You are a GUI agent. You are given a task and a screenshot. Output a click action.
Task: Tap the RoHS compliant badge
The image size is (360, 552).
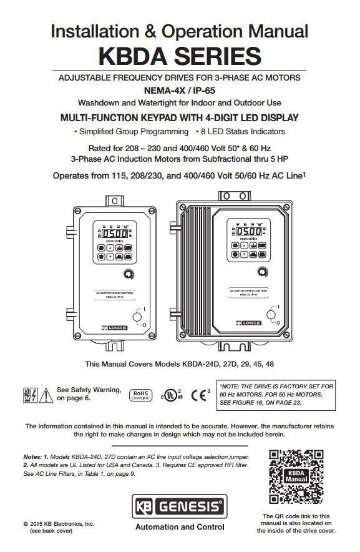140,395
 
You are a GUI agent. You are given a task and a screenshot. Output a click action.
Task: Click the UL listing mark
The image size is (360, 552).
169,395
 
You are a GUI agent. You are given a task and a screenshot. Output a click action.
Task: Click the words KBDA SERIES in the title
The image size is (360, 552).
180,56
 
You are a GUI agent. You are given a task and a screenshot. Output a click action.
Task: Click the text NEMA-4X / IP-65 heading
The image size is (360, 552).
180,90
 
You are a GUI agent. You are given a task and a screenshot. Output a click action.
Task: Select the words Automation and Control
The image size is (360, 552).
179,527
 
